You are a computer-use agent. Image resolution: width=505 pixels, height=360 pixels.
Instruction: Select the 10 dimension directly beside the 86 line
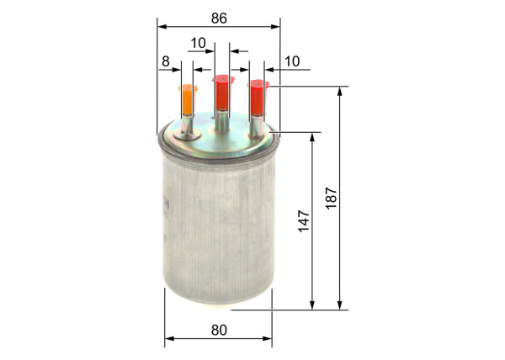pos(198,42)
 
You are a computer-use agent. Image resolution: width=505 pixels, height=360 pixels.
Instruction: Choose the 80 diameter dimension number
pos(219,331)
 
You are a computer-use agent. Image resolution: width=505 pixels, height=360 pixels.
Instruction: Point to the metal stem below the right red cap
pos(258,123)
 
